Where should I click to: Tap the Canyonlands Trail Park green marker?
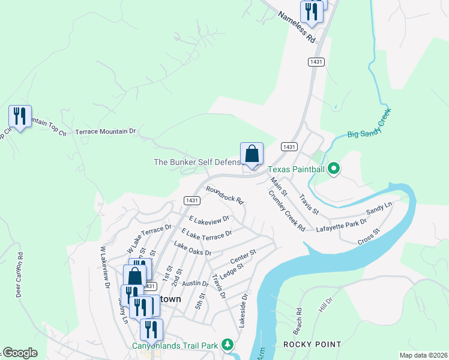227,344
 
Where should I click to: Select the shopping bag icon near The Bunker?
252,154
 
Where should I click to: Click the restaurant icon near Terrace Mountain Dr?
20,116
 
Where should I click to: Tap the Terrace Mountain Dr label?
106,131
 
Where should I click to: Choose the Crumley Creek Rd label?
287,211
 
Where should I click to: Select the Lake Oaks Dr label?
193,248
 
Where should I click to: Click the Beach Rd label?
298,322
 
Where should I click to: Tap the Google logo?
20,353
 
